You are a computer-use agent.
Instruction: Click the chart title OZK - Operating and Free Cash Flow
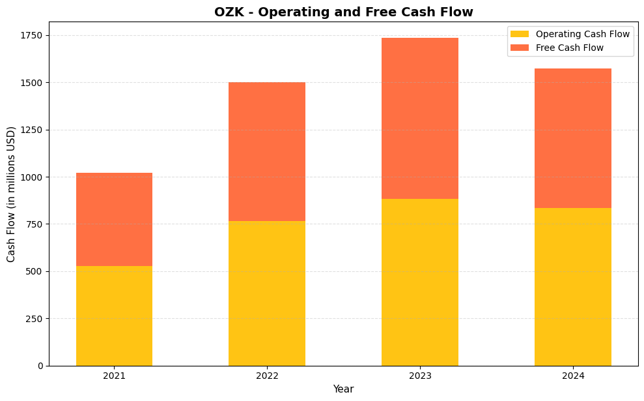pyautogui.click(x=344, y=12)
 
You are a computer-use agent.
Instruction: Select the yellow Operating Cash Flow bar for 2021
pyautogui.click(x=114, y=316)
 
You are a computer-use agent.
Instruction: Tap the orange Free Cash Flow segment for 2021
pyautogui.click(x=114, y=219)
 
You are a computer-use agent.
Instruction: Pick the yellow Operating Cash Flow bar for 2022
pyautogui.click(x=267, y=293)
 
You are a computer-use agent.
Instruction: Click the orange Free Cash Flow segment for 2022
pyautogui.click(x=267, y=151)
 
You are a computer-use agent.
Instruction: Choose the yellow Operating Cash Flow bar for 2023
pyautogui.click(x=420, y=282)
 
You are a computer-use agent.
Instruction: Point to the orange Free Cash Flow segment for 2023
pyautogui.click(x=420, y=118)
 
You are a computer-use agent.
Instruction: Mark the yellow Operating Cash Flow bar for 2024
pyautogui.click(x=573, y=287)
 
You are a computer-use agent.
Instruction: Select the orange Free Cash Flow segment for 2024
pyautogui.click(x=573, y=138)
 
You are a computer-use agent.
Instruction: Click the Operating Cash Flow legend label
pyautogui.click(x=583, y=34)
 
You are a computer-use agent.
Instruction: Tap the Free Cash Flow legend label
pyautogui.click(x=570, y=48)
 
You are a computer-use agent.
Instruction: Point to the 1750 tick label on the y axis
pyautogui.click(x=32, y=35)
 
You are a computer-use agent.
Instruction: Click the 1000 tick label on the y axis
pyautogui.click(x=32, y=177)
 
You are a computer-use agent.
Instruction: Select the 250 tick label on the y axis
pyautogui.click(x=35, y=318)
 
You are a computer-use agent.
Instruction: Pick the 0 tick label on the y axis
pyautogui.click(x=40, y=366)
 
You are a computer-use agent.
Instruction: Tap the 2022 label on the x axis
pyautogui.click(x=267, y=376)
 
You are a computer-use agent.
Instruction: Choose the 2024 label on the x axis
pyautogui.click(x=573, y=376)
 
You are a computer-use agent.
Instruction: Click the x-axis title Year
pyautogui.click(x=343, y=389)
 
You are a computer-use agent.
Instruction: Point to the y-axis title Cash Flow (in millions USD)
pyautogui.click(x=11, y=194)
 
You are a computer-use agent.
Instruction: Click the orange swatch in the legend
pyautogui.click(x=520, y=48)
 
